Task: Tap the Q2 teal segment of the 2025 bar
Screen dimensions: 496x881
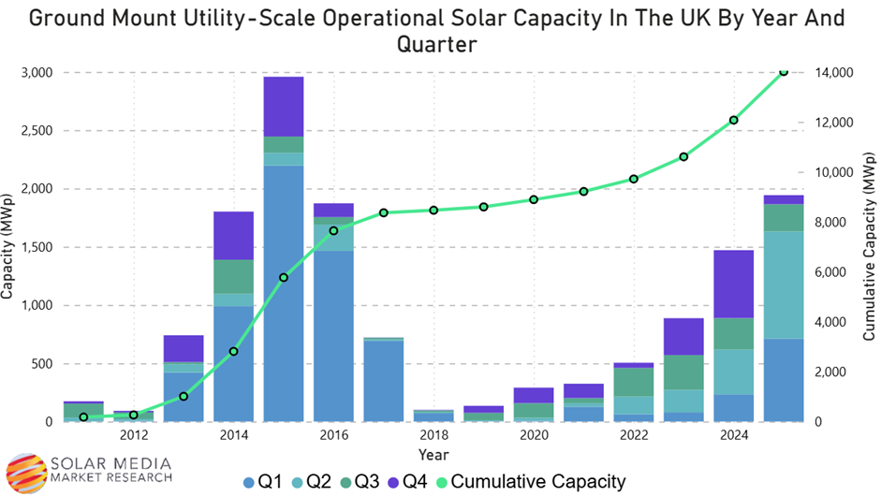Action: [784, 284]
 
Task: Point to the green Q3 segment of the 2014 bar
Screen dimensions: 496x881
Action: [233, 276]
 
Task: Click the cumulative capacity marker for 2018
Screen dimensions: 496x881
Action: [434, 210]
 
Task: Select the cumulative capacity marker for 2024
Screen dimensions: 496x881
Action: [734, 120]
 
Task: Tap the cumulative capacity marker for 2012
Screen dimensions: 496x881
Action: [134, 415]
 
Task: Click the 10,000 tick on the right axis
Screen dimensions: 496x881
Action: [829, 172]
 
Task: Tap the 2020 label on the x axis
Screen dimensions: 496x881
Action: [534, 435]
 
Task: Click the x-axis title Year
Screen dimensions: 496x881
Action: [433, 456]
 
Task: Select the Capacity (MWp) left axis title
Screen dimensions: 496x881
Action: [8, 247]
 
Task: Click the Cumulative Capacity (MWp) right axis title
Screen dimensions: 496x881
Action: [868, 248]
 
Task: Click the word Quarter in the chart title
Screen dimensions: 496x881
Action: [439, 43]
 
